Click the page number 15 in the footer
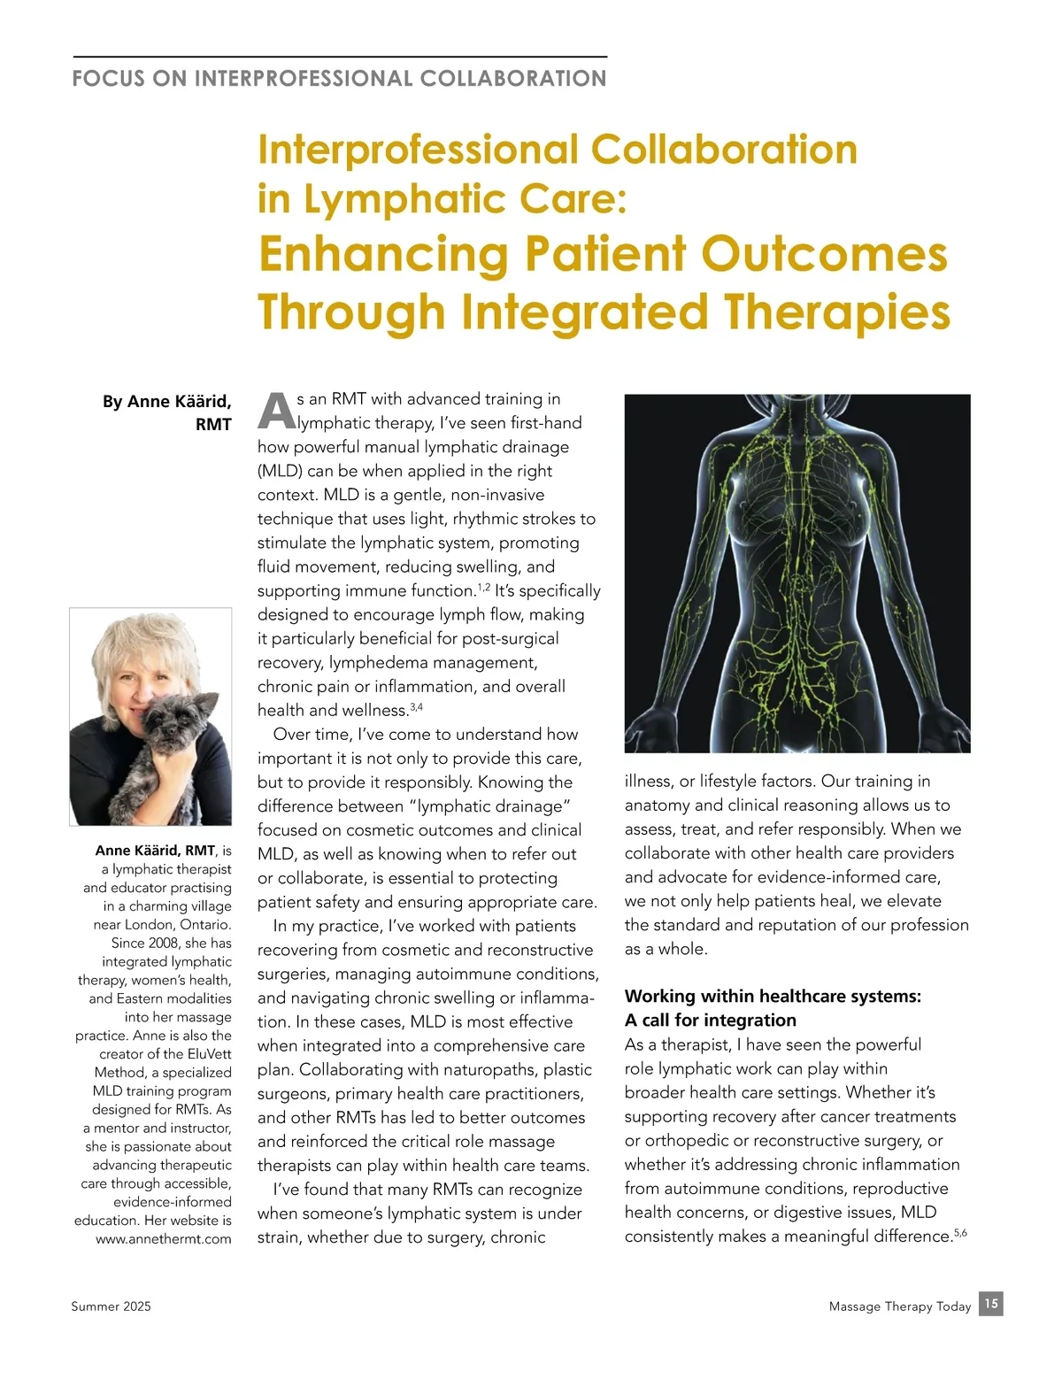pos(991,1304)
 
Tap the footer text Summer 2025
pos(111,1306)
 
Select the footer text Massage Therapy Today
pos(899,1306)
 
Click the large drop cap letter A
pos(275,412)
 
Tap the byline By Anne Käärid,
pos(166,402)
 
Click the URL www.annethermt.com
pos(164,1239)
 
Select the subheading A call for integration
pos(710,1021)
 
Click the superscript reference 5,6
pos(960,1232)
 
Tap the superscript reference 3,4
pos(417,707)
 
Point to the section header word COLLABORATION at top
pos(513,79)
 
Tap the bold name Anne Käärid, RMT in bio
pos(155,851)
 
